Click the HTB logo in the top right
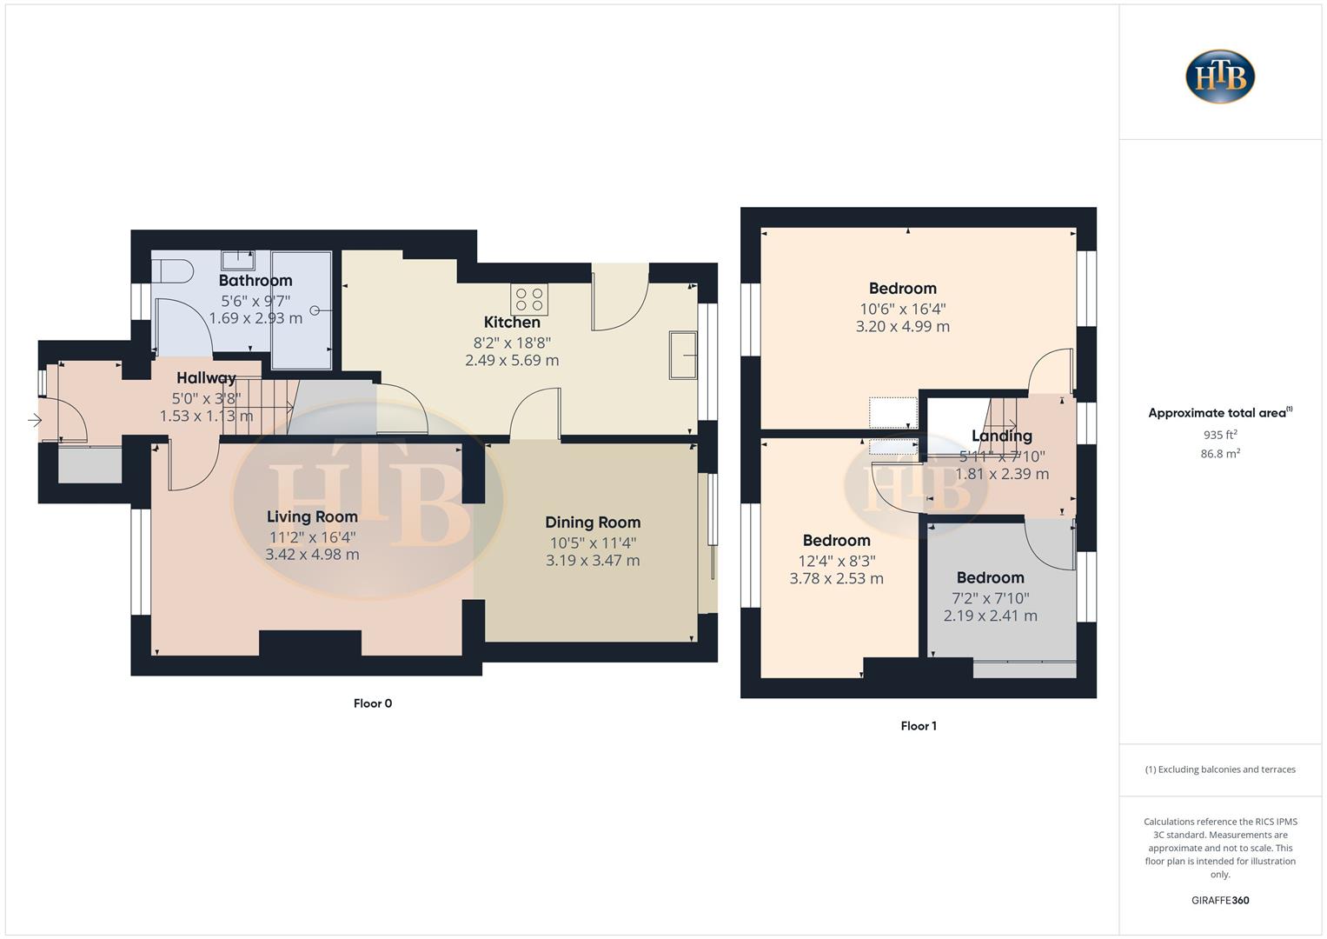[1220, 77]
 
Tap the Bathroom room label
[255, 280]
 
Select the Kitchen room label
[512, 322]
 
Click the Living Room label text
[312, 516]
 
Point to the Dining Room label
[593, 522]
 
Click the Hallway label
[206, 377]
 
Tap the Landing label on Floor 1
[1001, 436]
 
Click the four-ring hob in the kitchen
[529, 300]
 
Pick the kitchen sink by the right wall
[682, 355]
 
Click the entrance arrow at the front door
[34, 421]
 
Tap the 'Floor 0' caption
[372, 703]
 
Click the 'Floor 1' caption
[918, 726]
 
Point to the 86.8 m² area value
[1220, 453]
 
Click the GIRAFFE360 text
[1220, 900]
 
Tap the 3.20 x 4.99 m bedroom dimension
[902, 327]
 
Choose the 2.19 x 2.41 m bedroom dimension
[990, 616]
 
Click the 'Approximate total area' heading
[1219, 413]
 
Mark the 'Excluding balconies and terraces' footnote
[1220, 769]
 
